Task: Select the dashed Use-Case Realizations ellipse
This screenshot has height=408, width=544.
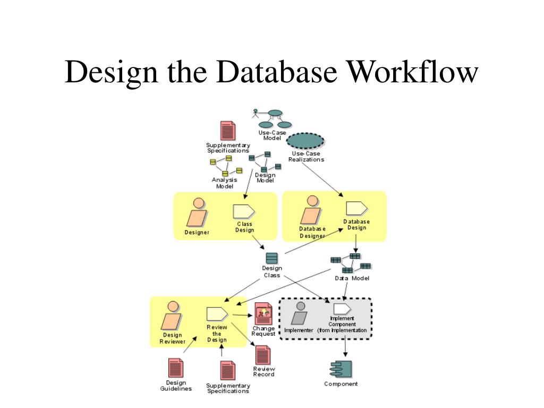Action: click(305, 141)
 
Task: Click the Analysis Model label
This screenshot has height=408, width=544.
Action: click(225, 183)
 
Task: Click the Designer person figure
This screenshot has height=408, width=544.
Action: click(197, 212)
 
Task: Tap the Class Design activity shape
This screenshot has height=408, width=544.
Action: click(244, 212)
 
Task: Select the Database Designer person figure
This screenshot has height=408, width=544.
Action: click(312, 211)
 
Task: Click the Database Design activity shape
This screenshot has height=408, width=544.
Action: click(356, 208)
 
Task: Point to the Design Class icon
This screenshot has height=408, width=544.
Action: click(271, 258)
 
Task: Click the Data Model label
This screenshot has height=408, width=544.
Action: click(352, 278)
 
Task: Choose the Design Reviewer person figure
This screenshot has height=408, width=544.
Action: click(172, 317)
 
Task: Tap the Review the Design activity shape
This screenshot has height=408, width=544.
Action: click(217, 314)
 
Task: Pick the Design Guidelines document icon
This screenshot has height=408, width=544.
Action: click(176, 368)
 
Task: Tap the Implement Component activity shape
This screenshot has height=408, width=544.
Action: click(342, 309)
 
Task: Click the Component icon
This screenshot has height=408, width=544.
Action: click(341, 369)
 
